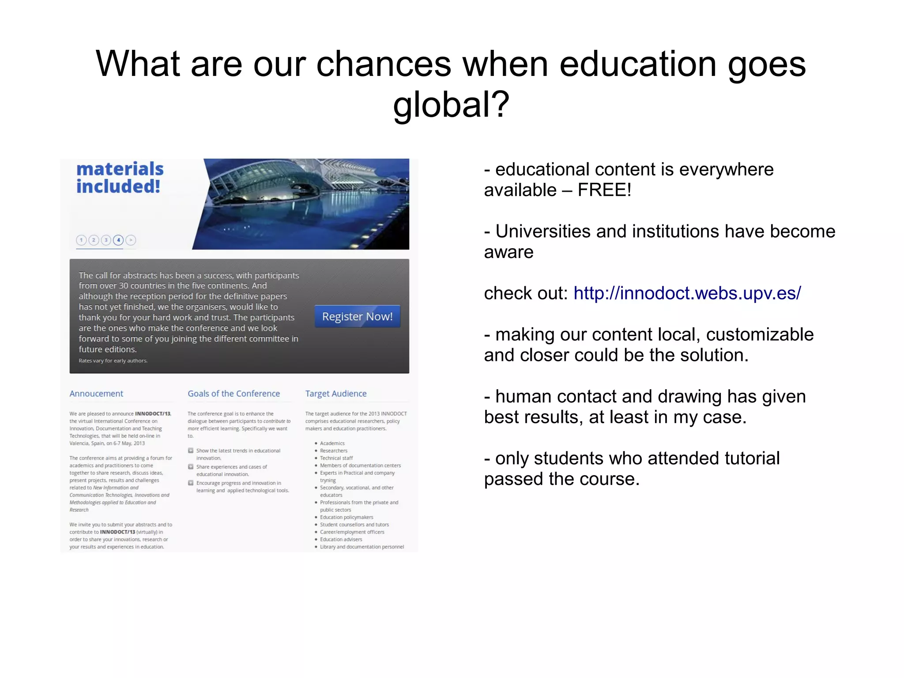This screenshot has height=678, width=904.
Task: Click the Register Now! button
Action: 357,316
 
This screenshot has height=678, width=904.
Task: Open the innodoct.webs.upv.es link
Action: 687,293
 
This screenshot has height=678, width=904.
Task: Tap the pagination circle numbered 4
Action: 118,240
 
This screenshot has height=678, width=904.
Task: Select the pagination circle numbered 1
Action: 81,240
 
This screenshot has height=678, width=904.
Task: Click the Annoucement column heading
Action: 96,394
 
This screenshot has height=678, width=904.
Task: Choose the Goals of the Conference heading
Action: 234,394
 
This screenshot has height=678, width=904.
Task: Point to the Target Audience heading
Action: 336,394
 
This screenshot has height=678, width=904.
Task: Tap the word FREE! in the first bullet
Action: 604,190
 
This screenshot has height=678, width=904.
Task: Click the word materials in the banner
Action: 120,169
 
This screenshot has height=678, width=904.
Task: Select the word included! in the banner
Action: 118,186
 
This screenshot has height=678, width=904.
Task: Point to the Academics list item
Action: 332,443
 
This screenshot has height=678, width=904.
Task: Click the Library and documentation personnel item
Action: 362,547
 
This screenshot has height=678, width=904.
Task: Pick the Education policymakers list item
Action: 347,517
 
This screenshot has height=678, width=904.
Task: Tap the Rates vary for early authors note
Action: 113,361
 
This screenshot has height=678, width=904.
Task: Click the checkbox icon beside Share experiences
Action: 191,467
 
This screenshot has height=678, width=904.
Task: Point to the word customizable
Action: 759,335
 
